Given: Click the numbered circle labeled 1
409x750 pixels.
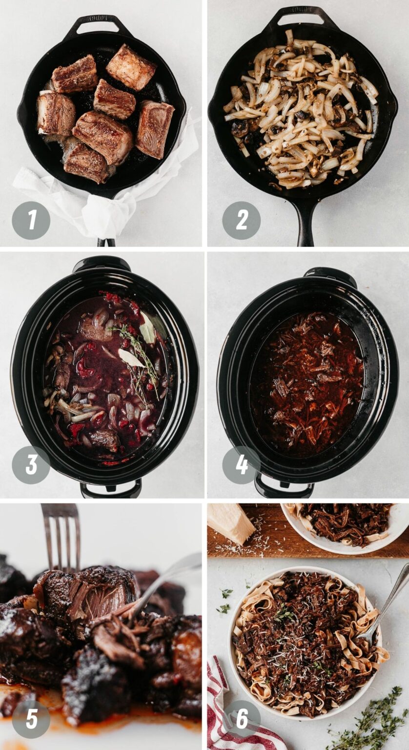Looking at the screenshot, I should click(x=31, y=220).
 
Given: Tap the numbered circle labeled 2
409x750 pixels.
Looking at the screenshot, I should click(x=241, y=220).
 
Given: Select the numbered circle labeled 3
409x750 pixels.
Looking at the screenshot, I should click(x=31, y=465).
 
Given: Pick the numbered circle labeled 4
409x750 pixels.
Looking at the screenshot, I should click(x=241, y=465).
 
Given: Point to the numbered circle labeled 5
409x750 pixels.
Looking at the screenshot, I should click(x=31, y=719).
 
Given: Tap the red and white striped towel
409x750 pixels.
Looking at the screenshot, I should click(x=229, y=708).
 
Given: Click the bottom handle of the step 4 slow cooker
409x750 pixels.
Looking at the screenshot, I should click(x=283, y=488).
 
